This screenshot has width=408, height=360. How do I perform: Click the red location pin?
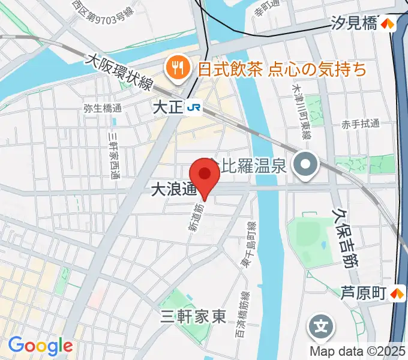coord(206,175)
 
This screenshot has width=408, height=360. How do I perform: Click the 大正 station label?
coord(167,107)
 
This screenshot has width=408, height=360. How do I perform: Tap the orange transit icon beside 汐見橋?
coord(389,24)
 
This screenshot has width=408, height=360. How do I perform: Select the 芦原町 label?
coord(362,294)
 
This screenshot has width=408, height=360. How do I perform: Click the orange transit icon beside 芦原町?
coord(397,294)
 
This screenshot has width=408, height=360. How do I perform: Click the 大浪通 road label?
coord(173,190)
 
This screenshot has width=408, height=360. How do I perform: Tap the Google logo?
coord(40,346)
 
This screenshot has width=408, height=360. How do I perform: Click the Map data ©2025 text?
coord(358,351)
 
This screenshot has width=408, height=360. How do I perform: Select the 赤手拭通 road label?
coord(361,124)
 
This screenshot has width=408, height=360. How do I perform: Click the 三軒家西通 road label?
coord(113,155)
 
